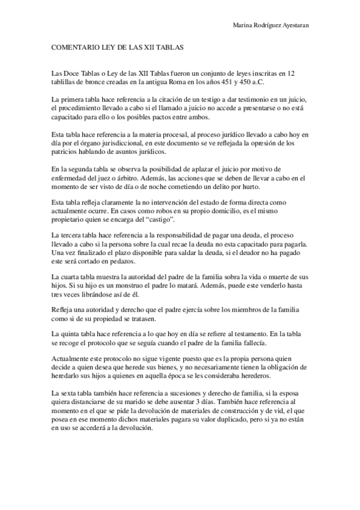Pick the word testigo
[x=204, y=98]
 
